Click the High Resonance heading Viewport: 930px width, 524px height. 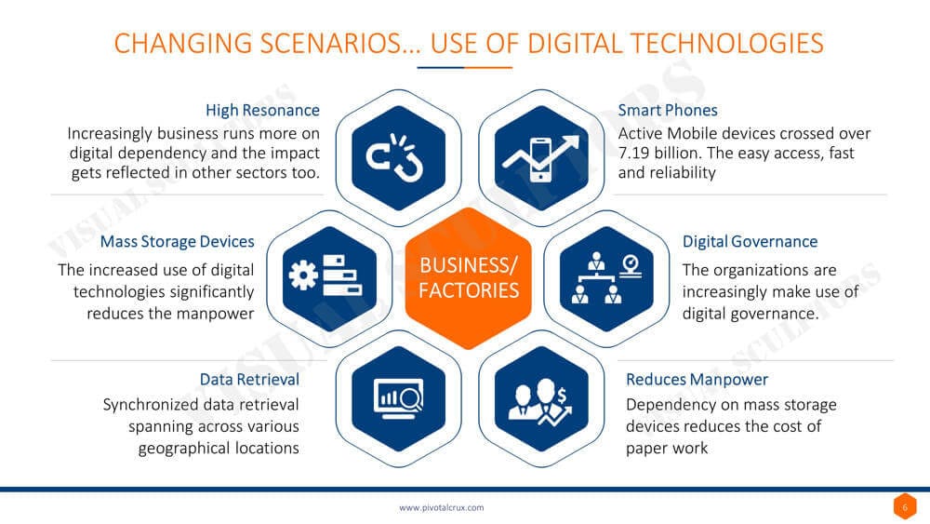(262, 111)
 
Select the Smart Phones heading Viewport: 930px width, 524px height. (667, 111)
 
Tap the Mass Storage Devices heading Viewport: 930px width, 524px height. (177, 242)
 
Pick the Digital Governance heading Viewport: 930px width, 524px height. (750, 242)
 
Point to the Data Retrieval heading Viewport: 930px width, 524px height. (249, 379)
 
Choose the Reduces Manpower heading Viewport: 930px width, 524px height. (697, 379)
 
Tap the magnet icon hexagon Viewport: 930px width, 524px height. (399, 158)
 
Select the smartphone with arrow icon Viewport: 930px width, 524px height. (541, 158)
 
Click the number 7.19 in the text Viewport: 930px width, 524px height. (633, 154)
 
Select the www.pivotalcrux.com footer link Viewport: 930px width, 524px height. (441, 507)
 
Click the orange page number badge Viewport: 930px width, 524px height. (905, 507)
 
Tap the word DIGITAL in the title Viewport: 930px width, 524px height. (575, 44)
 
